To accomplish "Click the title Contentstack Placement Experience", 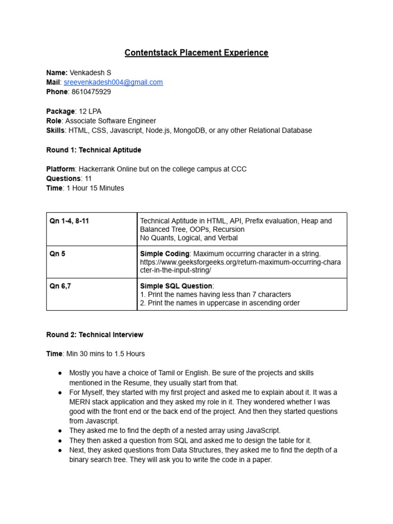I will (x=196, y=53).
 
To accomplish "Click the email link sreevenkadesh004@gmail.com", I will (x=113, y=82).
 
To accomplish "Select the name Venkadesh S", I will (x=90, y=73).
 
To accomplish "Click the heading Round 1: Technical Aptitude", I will (x=94, y=150).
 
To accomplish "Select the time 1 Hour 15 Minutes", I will (x=95, y=188).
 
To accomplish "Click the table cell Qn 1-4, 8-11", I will (x=69, y=221).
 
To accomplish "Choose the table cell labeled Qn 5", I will (x=57, y=254).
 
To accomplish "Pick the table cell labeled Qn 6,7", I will (x=60, y=286).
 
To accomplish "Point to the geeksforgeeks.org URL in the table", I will (x=240, y=262).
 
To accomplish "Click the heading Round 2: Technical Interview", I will (x=95, y=335).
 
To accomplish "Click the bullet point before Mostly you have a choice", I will (x=60, y=373).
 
